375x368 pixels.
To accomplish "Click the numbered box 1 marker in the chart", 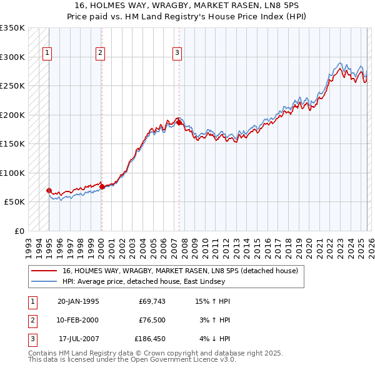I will pyautogui.click(x=48, y=54).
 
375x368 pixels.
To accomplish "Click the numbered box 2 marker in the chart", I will pyautogui.click(x=100, y=54).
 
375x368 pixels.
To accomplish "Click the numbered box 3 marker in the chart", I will pyautogui.click(x=177, y=54).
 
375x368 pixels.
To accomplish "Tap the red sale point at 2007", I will pyautogui.click(x=179, y=123).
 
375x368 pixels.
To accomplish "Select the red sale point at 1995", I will pyautogui.click(x=49, y=190).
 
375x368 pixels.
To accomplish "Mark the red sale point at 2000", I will pyautogui.click(x=102, y=186).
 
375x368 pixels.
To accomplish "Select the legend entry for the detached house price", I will pyautogui.click(x=181, y=271).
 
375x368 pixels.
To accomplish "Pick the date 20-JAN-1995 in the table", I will pyautogui.click(x=78, y=301).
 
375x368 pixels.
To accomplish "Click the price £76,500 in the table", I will pyautogui.click(x=152, y=320).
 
